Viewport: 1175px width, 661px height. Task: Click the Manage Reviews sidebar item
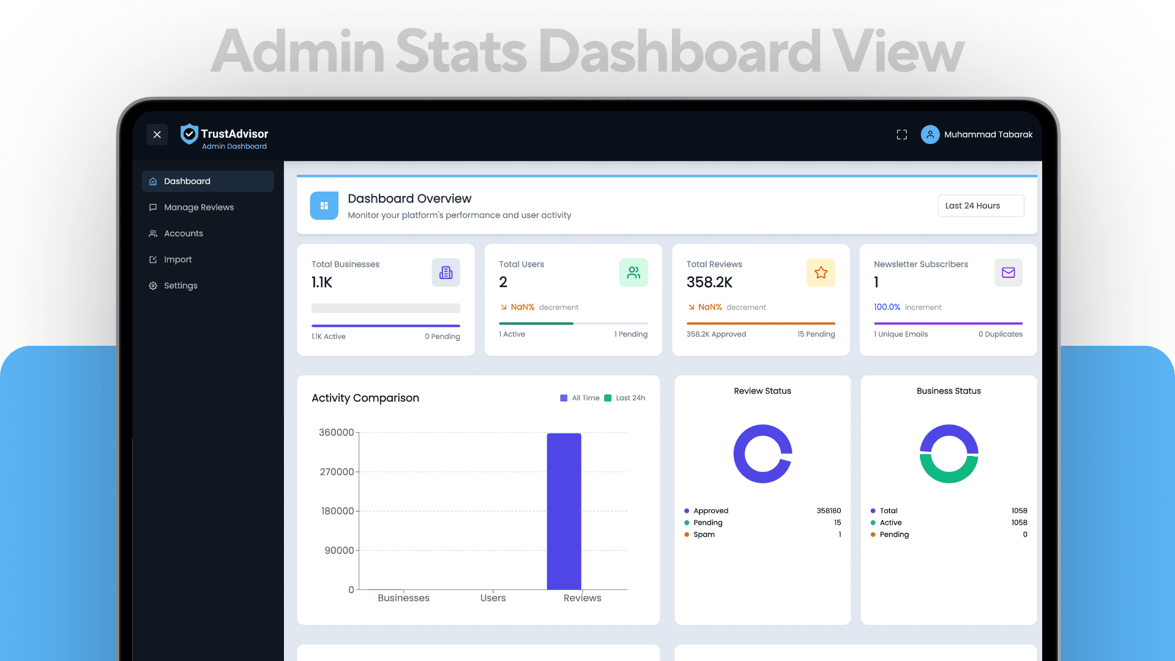tap(191, 207)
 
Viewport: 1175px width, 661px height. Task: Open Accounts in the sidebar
tap(176, 234)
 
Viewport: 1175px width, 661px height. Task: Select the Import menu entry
tap(170, 260)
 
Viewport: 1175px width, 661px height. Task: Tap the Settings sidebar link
tap(173, 286)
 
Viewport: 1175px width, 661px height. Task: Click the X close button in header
tap(157, 135)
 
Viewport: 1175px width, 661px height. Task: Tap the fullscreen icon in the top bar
tap(901, 135)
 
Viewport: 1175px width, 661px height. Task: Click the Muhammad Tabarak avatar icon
tap(930, 135)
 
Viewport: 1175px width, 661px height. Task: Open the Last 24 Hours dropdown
tap(980, 206)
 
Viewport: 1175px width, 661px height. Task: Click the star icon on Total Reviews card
tap(821, 273)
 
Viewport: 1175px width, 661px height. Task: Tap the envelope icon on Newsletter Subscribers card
tap(1008, 273)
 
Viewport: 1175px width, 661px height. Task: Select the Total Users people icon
tap(633, 273)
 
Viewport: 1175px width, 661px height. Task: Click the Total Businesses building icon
tap(446, 273)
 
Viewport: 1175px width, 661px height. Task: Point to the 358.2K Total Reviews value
tap(709, 282)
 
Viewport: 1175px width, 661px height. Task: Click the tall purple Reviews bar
tap(564, 512)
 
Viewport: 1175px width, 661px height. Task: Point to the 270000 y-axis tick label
tap(337, 472)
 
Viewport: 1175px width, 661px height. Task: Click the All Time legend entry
tap(580, 398)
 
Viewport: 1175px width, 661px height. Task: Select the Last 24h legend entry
tap(624, 398)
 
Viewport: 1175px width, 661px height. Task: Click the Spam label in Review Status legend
tap(704, 534)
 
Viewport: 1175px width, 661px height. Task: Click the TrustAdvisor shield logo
tap(189, 133)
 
